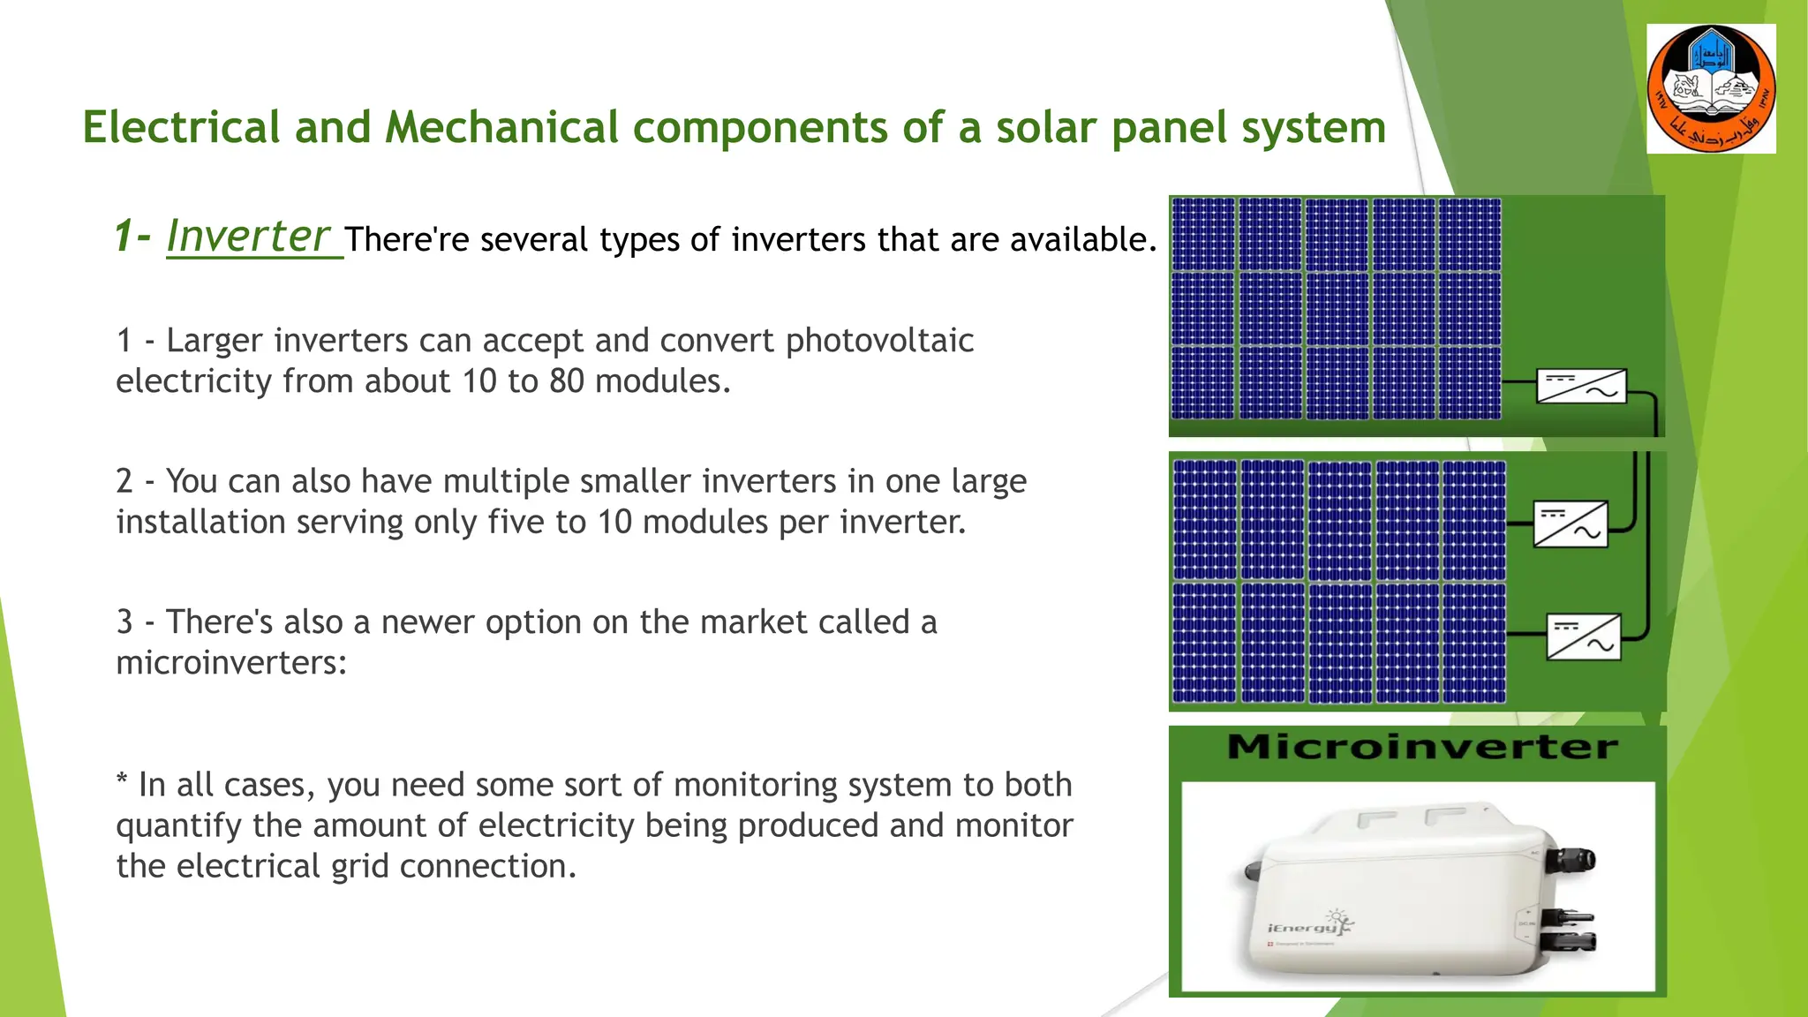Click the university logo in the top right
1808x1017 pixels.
[x=1711, y=88]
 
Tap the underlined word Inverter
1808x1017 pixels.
[x=248, y=237]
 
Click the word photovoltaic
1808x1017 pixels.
[x=879, y=341]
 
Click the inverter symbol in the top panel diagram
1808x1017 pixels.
[x=1581, y=386]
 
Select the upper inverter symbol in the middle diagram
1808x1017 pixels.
[x=1571, y=524]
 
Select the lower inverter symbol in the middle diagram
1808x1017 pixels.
[x=1584, y=637]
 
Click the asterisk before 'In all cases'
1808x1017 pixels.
[x=122, y=781]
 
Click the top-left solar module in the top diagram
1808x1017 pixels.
[x=1202, y=234]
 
